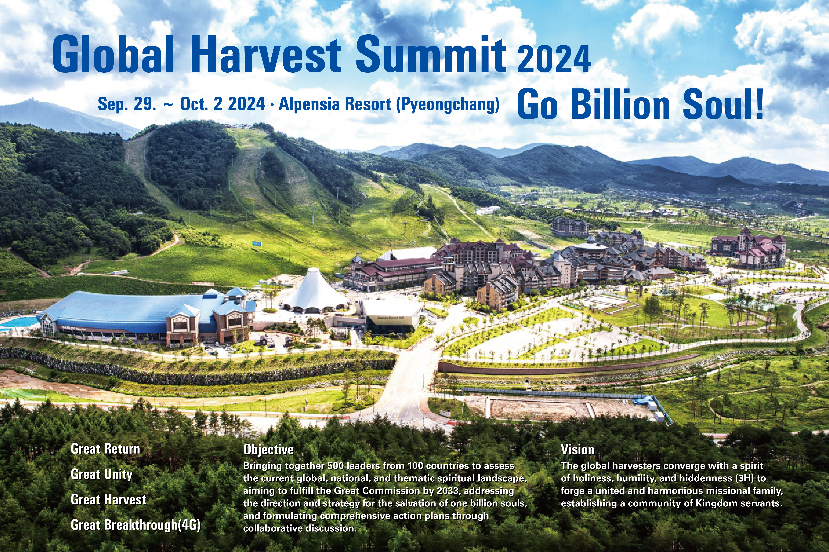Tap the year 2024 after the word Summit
[x=554, y=59]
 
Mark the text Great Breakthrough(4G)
[x=136, y=525]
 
